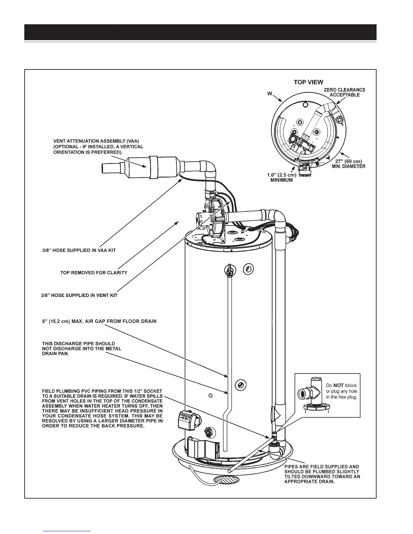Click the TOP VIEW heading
[308, 82]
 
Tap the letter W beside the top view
[270, 94]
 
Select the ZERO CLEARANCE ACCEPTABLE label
[345, 92]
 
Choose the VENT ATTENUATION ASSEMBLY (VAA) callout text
[98, 147]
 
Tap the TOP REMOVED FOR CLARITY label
[93, 272]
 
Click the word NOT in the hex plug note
[338, 385]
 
